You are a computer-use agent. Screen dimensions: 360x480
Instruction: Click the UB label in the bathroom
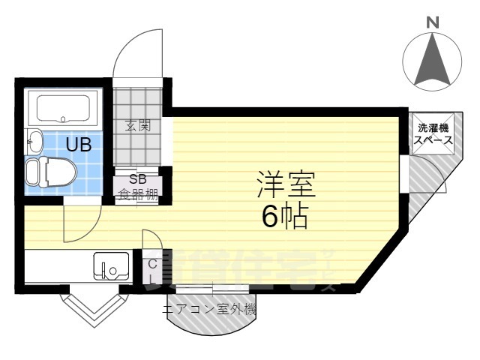point(79,145)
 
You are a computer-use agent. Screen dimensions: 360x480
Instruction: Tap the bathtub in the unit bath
point(62,109)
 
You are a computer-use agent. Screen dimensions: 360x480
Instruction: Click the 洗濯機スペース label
point(435,133)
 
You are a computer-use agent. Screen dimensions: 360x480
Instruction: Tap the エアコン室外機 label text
point(209,308)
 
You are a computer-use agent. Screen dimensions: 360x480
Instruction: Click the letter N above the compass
point(433,24)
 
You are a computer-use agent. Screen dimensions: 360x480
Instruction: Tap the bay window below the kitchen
point(94,305)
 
